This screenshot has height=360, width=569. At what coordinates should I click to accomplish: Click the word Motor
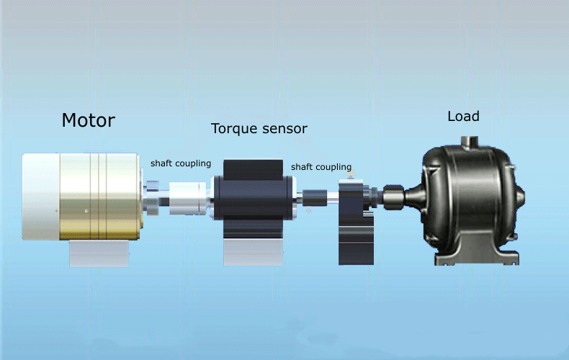(88, 120)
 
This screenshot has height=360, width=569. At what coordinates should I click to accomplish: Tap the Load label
(463, 116)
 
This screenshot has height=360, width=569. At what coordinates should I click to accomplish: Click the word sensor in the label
(284, 129)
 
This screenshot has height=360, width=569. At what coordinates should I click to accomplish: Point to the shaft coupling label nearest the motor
(180, 163)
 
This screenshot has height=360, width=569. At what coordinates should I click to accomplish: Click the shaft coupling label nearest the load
(321, 167)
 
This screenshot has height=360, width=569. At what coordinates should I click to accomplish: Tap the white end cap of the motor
(40, 197)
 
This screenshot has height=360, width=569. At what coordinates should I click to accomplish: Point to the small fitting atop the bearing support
(349, 173)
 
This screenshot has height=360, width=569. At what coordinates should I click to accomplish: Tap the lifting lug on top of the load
(471, 138)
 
